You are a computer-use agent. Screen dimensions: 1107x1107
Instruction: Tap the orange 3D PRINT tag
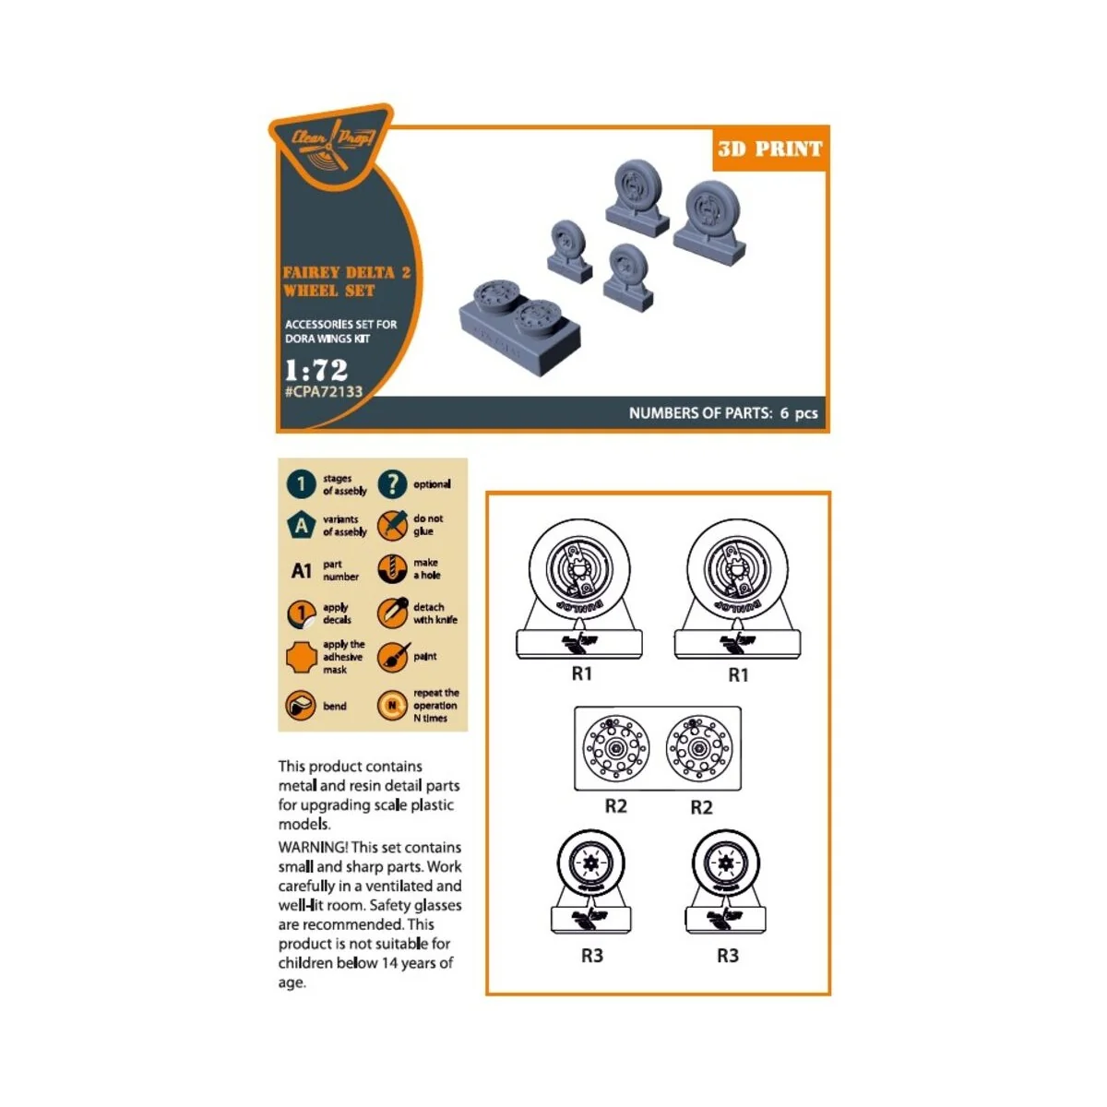pyautogui.click(x=769, y=149)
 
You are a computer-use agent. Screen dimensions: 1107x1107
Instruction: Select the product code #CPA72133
pyautogui.click(x=323, y=392)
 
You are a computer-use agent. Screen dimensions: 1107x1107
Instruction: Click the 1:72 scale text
pyautogui.click(x=316, y=370)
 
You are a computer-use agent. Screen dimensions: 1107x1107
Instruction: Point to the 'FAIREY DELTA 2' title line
pyautogui.click(x=346, y=273)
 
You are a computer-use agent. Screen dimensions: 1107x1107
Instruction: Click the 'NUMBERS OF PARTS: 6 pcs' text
pyautogui.click(x=723, y=413)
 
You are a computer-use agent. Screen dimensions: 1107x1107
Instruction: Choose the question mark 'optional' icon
pyautogui.click(x=392, y=484)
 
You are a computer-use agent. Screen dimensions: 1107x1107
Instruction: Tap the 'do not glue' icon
pyautogui.click(x=392, y=526)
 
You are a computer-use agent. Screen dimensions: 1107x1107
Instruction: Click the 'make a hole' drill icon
pyautogui.click(x=392, y=569)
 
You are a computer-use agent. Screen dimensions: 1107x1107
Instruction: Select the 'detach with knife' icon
pyautogui.click(x=392, y=613)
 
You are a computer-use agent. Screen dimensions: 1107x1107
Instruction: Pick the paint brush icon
pyautogui.click(x=392, y=658)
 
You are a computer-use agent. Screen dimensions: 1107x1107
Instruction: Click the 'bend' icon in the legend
pyautogui.click(x=301, y=706)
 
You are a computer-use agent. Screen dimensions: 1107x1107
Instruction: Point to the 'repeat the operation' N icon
pyautogui.click(x=392, y=706)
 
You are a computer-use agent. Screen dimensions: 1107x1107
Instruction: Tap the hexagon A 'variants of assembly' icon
pyautogui.click(x=301, y=526)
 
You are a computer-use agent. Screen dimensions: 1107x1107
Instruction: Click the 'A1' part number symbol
pyautogui.click(x=302, y=571)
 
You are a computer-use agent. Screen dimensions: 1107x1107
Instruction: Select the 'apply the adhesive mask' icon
pyautogui.click(x=301, y=658)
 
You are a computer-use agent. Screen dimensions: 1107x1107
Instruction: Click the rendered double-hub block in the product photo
pyautogui.click(x=519, y=323)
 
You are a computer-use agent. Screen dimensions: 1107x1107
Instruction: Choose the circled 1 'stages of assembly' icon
pyautogui.click(x=301, y=484)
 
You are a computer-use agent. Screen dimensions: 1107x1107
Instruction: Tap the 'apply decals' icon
pyautogui.click(x=301, y=613)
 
